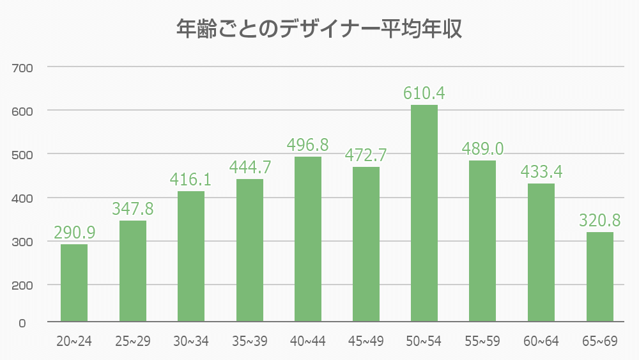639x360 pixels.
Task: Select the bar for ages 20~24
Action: [x=74, y=283]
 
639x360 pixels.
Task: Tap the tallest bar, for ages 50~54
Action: [x=424, y=213]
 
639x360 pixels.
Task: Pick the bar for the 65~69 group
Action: [x=599, y=276]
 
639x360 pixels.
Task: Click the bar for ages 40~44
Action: [x=307, y=239]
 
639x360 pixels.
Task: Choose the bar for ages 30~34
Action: [x=191, y=256]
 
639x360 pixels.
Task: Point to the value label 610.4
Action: [x=424, y=93]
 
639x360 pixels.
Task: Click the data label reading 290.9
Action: [x=75, y=233]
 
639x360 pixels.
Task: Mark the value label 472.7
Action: [x=366, y=155]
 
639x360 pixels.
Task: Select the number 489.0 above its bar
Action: [x=482, y=149]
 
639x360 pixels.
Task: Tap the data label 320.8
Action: [x=600, y=221]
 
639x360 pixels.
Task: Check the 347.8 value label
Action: [x=134, y=209]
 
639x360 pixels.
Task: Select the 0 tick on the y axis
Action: [x=22, y=323]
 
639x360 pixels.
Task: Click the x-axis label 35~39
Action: [x=249, y=341]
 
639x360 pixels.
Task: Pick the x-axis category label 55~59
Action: [x=482, y=341]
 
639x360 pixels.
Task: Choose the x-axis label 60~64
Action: [x=541, y=341]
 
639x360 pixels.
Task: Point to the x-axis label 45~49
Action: [x=366, y=341]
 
